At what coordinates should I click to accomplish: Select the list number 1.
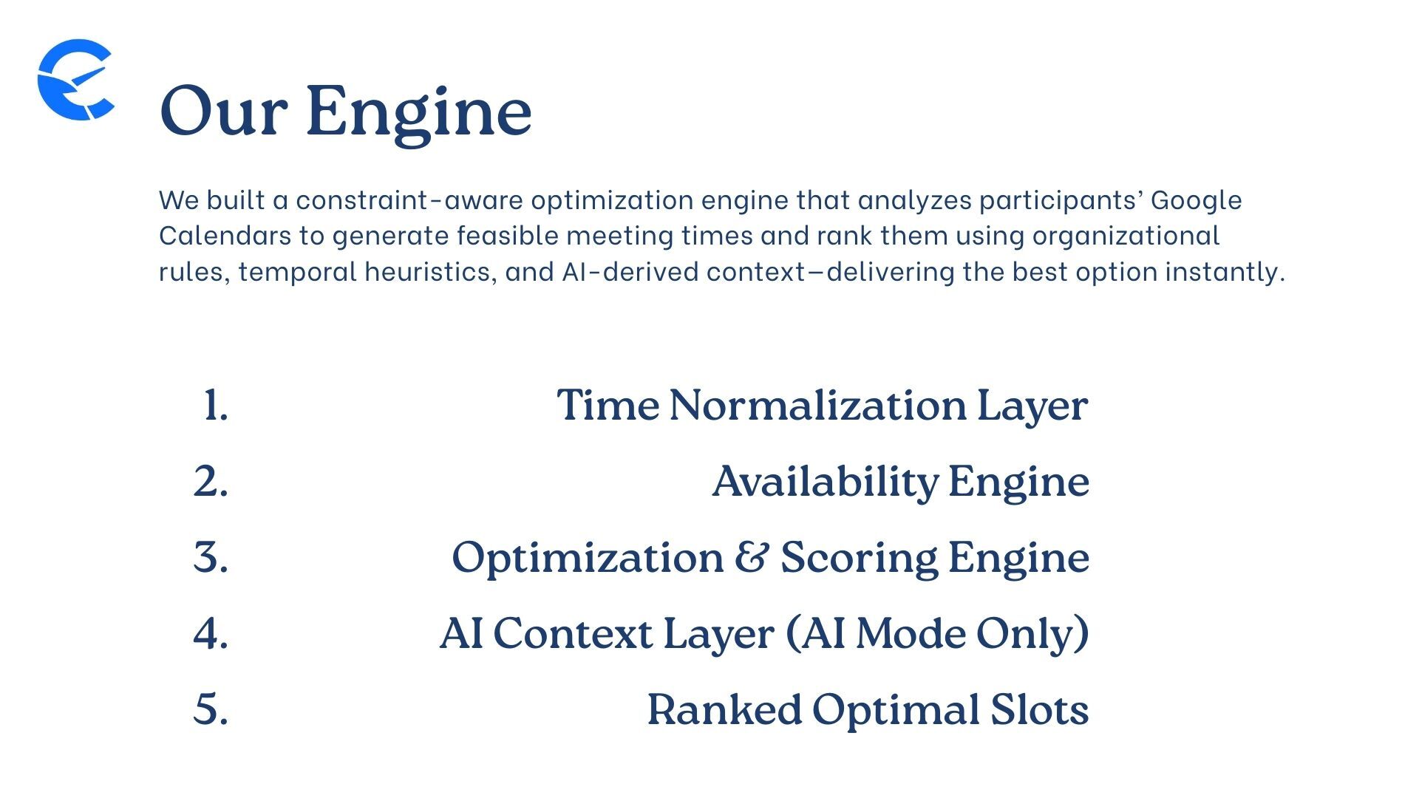pyautogui.click(x=215, y=406)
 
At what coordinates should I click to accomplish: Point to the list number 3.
pyautogui.click(x=211, y=557)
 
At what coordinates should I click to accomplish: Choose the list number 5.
pyautogui.click(x=211, y=709)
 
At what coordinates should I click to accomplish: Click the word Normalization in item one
pyautogui.click(x=817, y=406)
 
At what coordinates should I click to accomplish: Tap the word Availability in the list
pyautogui.click(x=825, y=482)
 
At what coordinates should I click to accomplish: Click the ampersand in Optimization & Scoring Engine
pyautogui.click(x=752, y=557)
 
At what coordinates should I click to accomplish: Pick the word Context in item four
pyautogui.click(x=573, y=634)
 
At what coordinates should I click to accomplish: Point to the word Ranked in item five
pyautogui.click(x=724, y=710)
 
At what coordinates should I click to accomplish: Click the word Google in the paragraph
pyautogui.click(x=1196, y=200)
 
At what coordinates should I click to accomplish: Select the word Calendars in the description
pyautogui.click(x=225, y=236)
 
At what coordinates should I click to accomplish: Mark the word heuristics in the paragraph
pyautogui.click(x=427, y=272)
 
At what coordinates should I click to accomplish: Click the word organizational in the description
pyautogui.click(x=1125, y=236)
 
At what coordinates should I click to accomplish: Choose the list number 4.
pyautogui.click(x=211, y=634)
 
